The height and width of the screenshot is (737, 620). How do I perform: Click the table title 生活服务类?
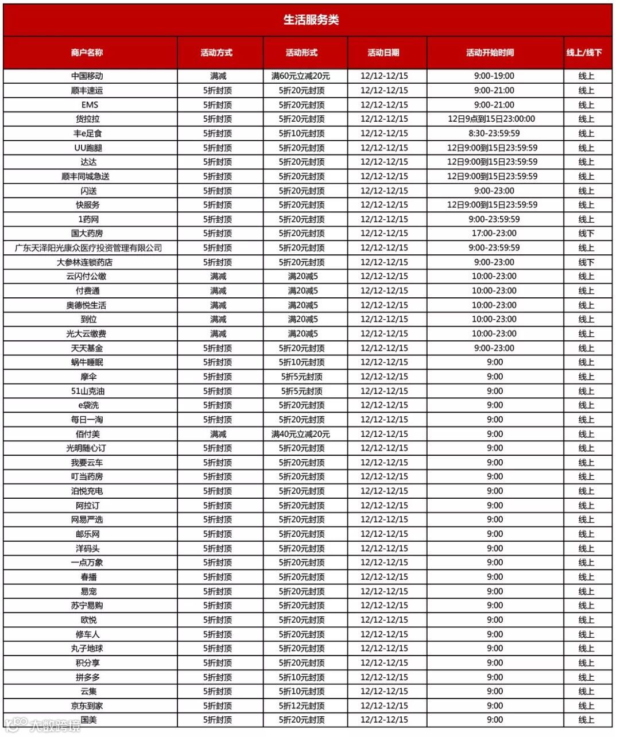(x=311, y=20)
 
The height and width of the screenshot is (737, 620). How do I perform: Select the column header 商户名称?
(x=87, y=53)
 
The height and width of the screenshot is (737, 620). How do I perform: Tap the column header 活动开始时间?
(x=490, y=53)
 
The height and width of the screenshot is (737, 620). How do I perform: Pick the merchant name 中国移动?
(x=87, y=76)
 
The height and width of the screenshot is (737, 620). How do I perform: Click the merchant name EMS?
(x=90, y=104)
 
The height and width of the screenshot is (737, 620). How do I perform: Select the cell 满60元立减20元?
(x=301, y=76)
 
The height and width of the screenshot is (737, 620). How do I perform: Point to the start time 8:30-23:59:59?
(x=494, y=133)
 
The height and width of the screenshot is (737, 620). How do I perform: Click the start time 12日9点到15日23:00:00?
(x=491, y=119)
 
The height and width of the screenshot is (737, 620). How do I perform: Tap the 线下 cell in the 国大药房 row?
(x=586, y=233)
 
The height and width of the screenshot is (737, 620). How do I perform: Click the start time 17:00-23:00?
(x=494, y=233)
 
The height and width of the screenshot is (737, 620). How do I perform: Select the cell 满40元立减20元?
(x=301, y=434)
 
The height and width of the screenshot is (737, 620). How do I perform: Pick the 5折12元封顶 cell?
(x=301, y=705)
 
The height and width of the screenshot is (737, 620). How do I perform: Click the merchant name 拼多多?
(x=88, y=677)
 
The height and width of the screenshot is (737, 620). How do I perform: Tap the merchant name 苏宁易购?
(x=87, y=606)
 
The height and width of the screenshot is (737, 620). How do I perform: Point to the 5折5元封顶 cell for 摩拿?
(x=301, y=377)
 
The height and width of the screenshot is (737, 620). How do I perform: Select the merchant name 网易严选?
(x=87, y=519)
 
